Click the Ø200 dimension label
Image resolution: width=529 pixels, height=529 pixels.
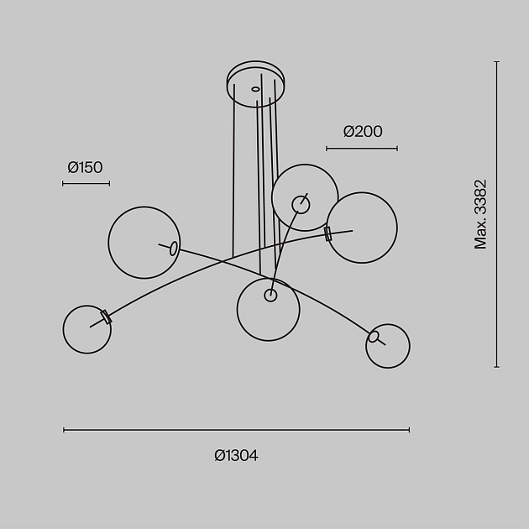363,131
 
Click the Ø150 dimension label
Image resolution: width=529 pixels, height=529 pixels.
85,167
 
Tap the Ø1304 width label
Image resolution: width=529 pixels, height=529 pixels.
236,456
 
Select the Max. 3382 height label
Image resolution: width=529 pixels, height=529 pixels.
480,214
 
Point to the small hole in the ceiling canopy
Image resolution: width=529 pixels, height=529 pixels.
255,88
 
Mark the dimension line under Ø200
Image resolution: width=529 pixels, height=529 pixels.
362,149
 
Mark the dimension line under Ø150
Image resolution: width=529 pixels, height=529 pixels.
86,183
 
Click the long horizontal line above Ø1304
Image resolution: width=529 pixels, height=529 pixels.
236,430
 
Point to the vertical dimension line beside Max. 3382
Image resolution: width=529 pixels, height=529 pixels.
497,214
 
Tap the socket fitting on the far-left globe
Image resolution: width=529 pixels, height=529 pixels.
106,317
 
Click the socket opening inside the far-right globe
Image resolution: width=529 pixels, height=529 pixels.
374,338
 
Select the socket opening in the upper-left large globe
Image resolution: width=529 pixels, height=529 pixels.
173,248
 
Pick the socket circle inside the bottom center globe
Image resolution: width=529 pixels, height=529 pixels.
270,295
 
